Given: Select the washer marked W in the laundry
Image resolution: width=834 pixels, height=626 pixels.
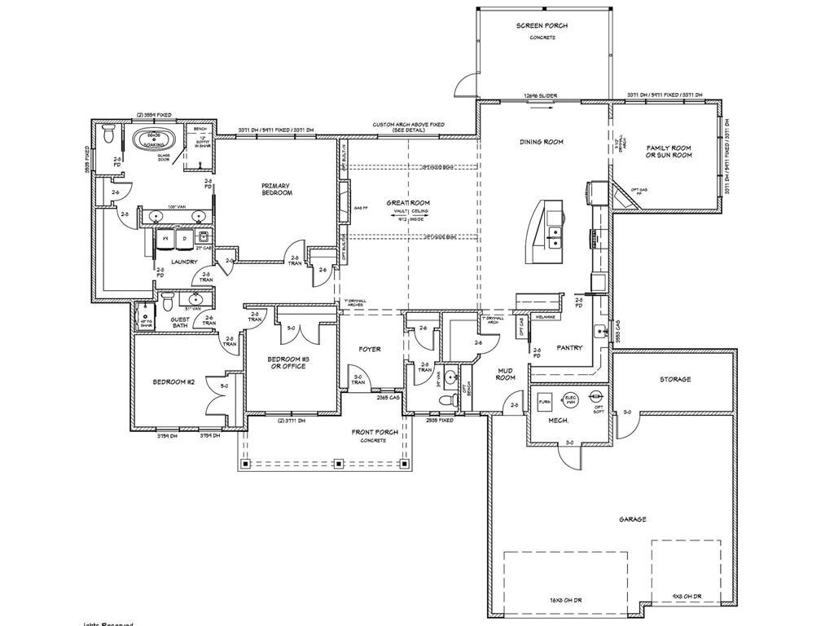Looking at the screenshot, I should [x=167, y=238].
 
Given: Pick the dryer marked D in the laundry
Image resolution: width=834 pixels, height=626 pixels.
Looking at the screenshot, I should [x=184, y=238].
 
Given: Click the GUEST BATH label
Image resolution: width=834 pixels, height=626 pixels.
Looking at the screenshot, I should [x=180, y=323].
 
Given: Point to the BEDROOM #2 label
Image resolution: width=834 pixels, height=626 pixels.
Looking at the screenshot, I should [x=171, y=381].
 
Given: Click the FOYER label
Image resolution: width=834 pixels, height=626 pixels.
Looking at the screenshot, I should [x=371, y=349].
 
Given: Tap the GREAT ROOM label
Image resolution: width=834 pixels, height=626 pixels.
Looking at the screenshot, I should [x=408, y=203].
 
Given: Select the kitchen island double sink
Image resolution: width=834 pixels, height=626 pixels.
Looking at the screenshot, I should [x=559, y=237].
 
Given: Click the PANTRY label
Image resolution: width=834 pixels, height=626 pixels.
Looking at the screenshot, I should [x=569, y=347].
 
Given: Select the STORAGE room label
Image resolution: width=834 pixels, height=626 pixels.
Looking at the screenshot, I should [x=675, y=379].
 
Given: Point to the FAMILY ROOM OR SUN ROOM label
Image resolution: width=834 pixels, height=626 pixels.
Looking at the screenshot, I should [x=669, y=151].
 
